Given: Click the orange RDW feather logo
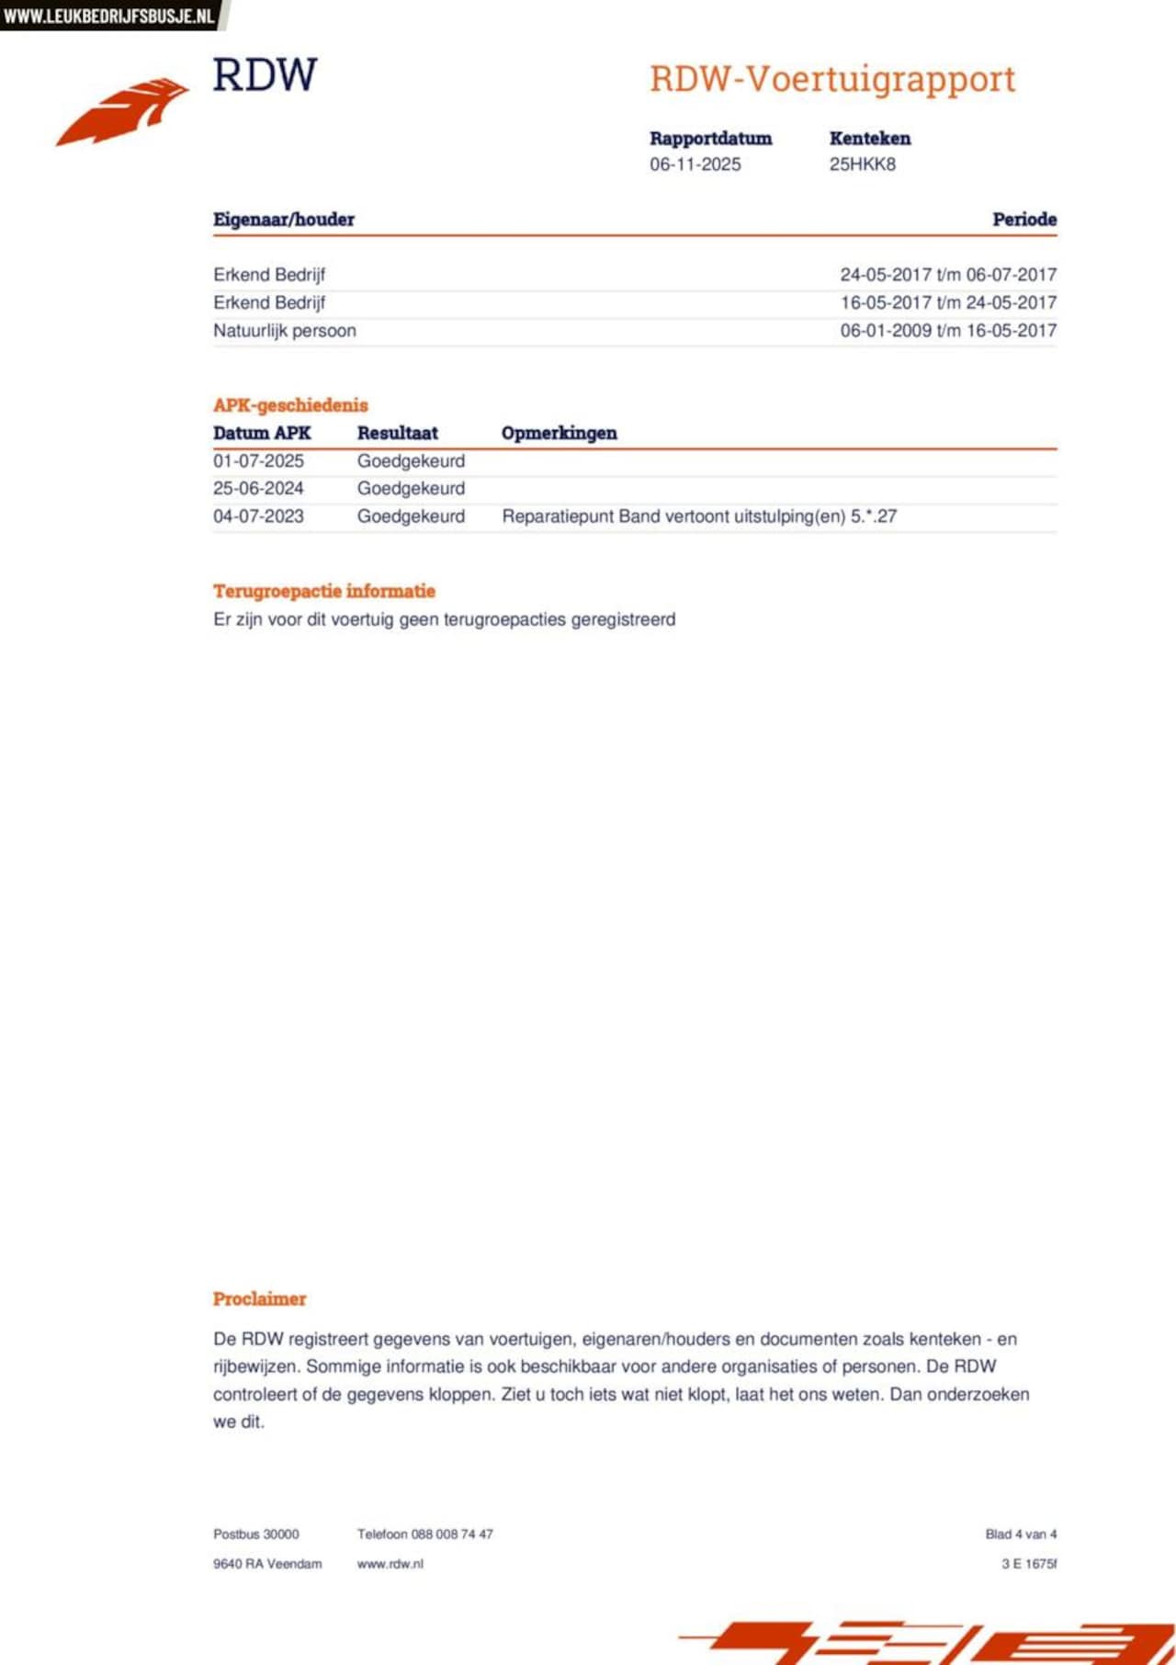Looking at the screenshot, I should (x=124, y=110).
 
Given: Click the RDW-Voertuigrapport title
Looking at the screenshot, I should (x=832, y=79).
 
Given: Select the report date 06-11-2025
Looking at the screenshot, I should (x=695, y=164).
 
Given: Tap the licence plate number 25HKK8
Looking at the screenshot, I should (x=862, y=164).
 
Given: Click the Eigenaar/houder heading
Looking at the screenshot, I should (x=284, y=220).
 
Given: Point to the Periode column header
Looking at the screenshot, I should (x=1023, y=220).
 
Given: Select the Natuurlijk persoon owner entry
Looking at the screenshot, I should (x=285, y=331).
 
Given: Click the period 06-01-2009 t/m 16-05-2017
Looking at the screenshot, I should (x=948, y=331).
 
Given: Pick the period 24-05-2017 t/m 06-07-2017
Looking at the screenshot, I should (x=948, y=275).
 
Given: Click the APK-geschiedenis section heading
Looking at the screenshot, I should (x=290, y=405).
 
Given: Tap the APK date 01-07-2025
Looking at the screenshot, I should (x=258, y=461).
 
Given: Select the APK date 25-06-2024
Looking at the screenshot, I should (x=258, y=489).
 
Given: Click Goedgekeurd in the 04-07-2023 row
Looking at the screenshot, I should (x=411, y=516).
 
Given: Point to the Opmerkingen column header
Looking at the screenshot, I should (x=559, y=433).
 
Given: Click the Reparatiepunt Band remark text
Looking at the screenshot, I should (x=698, y=516).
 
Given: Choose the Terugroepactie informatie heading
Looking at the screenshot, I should (x=324, y=591).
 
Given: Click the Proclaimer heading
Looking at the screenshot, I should (x=259, y=1299).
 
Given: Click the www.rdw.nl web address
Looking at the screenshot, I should (x=390, y=1564).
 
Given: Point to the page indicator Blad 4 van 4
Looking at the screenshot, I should (x=1021, y=1534).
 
